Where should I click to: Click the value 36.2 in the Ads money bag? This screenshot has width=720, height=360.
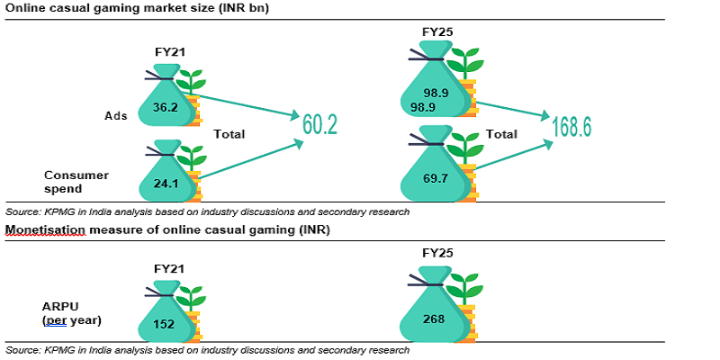point(165,106)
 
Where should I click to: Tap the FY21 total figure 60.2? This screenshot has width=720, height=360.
point(319,125)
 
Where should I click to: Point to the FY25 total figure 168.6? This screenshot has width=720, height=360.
point(572,126)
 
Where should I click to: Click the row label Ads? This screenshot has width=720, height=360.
point(116,116)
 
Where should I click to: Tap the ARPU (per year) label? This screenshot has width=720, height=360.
point(69,313)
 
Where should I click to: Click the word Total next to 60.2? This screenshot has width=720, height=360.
point(229,134)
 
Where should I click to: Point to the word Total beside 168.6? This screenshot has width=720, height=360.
point(501,134)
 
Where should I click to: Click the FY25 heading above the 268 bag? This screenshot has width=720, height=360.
point(437,255)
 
